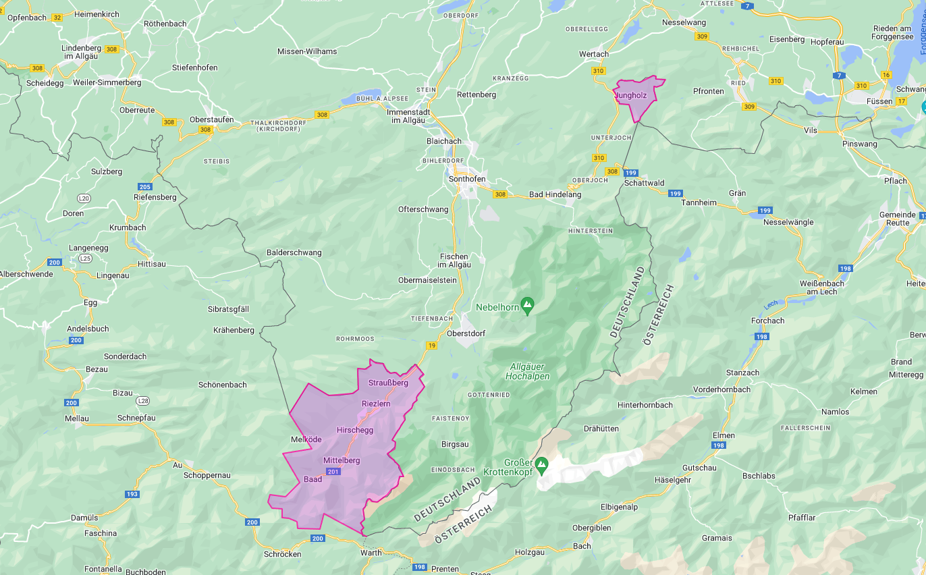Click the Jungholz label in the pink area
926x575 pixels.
pyautogui.click(x=631, y=96)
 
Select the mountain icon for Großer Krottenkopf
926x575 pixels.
pyautogui.click(x=541, y=464)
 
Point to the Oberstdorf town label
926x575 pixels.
pyautogui.click(x=466, y=333)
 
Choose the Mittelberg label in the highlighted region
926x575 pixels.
pyautogui.click(x=342, y=460)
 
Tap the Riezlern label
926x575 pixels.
pyautogui.click(x=376, y=404)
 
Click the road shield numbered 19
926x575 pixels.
pyautogui.click(x=431, y=346)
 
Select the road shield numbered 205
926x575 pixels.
pyautogui.click(x=144, y=186)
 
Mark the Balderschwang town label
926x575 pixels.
pyautogui.click(x=294, y=252)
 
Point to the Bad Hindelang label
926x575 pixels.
pyautogui.click(x=555, y=194)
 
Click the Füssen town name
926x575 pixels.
pyautogui.click(x=879, y=101)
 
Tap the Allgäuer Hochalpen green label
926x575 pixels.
pyautogui.click(x=528, y=371)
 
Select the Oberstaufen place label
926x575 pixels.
pyautogui.click(x=212, y=119)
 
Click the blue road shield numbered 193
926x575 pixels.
pyautogui.click(x=132, y=494)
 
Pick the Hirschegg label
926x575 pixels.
pyautogui.click(x=354, y=430)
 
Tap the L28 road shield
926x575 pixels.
pyautogui.click(x=142, y=401)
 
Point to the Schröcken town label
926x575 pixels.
pyautogui.click(x=282, y=554)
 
